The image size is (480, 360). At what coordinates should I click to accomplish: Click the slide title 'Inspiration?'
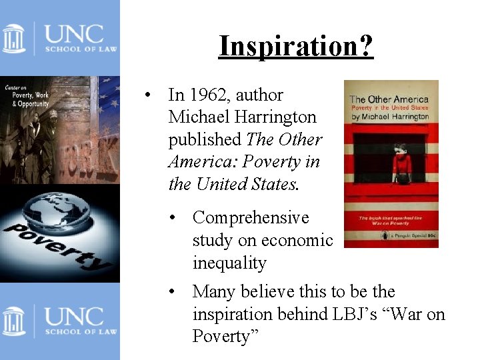[x=296, y=46]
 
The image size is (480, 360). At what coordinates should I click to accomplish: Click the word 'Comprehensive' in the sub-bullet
[x=251, y=218]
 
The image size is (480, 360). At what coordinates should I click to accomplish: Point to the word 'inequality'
[x=229, y=263]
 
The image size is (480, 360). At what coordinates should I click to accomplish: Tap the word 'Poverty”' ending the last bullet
[x=219, y=336]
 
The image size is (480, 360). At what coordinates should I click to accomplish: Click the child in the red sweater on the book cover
[x=402, y=162]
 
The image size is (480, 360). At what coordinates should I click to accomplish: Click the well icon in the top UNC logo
[x=13, y=38]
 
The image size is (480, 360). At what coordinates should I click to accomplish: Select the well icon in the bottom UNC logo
[x=13, y=321]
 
